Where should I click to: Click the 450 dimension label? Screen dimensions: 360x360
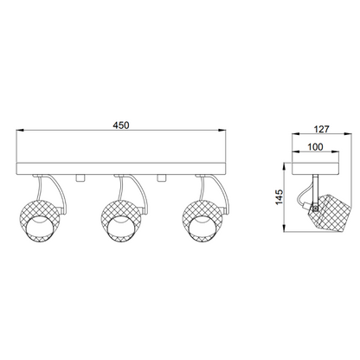121,125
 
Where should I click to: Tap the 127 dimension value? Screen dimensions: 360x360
321,129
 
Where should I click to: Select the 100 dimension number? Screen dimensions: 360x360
315,147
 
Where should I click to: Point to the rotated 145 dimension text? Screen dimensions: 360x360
280,197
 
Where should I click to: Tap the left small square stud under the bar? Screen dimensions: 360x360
80,178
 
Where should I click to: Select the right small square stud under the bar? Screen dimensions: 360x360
161,178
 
